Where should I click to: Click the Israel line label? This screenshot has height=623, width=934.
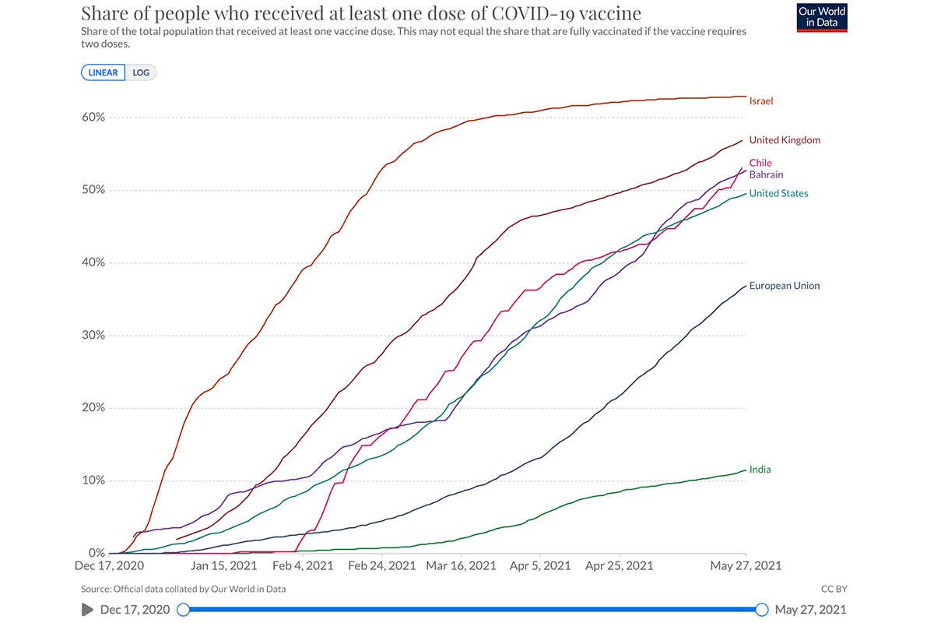coord(760,101)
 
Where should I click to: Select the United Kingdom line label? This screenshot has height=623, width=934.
coord(784,140)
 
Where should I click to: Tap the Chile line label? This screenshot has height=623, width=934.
coord(760,163)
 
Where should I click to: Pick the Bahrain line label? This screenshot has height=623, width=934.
coord(766,174)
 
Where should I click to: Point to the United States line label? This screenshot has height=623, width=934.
coord(778,193)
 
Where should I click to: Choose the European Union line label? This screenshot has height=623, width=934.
coord(784,286)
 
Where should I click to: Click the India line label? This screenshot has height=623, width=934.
coord(760,470)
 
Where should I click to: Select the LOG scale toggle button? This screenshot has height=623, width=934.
coord(141,72)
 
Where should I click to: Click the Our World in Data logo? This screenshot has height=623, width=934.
coord(822,17)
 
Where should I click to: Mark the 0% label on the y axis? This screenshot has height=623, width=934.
coord(96,553)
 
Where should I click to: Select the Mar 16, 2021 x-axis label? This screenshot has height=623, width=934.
coord(461,566)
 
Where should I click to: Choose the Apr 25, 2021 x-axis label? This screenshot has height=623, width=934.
coord(619,566)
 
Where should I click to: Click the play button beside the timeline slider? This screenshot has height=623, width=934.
coord(88,610)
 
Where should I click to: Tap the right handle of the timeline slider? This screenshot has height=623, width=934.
coord(762,610)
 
